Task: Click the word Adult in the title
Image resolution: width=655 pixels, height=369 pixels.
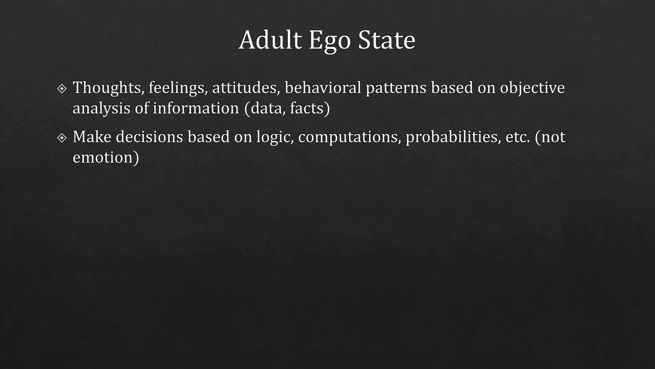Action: [270, 40]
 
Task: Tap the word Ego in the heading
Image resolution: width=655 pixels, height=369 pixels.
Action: [329, 41]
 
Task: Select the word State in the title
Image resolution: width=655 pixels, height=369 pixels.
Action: [386, 40]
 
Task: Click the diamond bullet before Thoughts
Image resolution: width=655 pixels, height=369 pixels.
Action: [62, 88]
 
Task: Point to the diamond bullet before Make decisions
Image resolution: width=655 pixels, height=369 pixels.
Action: [62, 138]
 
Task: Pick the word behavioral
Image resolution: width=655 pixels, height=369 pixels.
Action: [323, 88]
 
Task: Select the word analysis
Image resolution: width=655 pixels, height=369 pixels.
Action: [101, 108]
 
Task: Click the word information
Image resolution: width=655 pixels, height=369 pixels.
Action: [196, 108]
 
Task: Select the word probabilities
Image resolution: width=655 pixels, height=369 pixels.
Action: [453, 137]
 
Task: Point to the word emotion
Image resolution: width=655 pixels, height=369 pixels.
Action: [103, 158]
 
